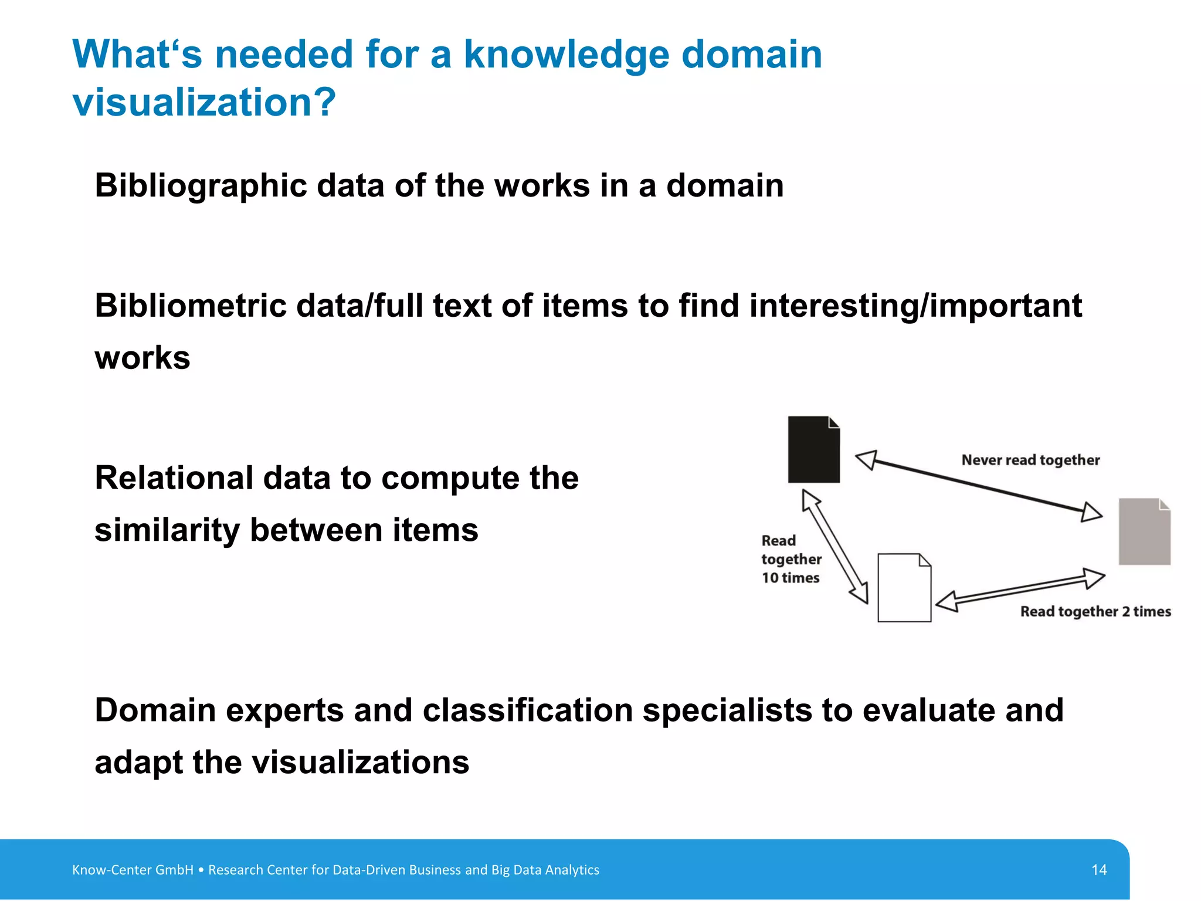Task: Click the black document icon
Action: pyautogui.click(x=813, y=450)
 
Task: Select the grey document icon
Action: pyautogui.click(x=1144, y=532)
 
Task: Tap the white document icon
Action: pyautogui.click(x=904, y=588)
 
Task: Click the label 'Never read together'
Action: pyautogui.click(x=1030, y=460)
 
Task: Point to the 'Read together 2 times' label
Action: pyautogui.click(x=1095, y=612)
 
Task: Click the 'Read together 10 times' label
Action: pyautogui.click(x=791, y=559)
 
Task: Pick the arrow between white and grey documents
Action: pyautogui.click(x=1020, y=590)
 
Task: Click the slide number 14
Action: pyautogui.click(x=1099, y=870)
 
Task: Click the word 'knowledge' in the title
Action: pyautogui.click(x=566, y=55)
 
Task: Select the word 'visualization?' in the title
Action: pyautogui.click(x=204, y=103)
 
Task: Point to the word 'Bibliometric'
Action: pyautogui.click(x=191, y=306)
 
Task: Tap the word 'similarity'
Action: pyautogui.click(x=167, y=530)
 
